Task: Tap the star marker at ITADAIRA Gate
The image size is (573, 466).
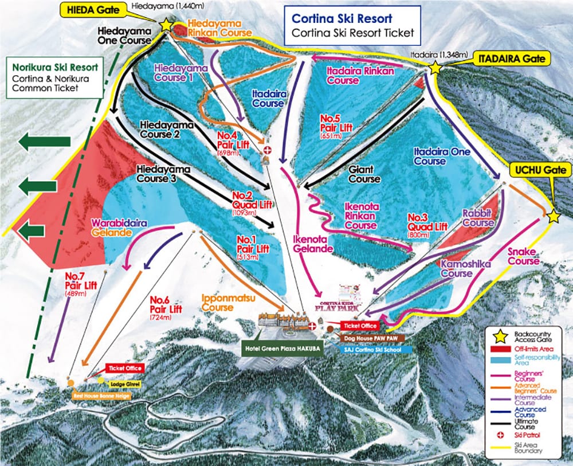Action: tap(435, 68)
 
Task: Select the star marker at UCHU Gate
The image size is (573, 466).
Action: tap(553, 217)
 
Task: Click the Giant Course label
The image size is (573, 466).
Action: tap(364, 174)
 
